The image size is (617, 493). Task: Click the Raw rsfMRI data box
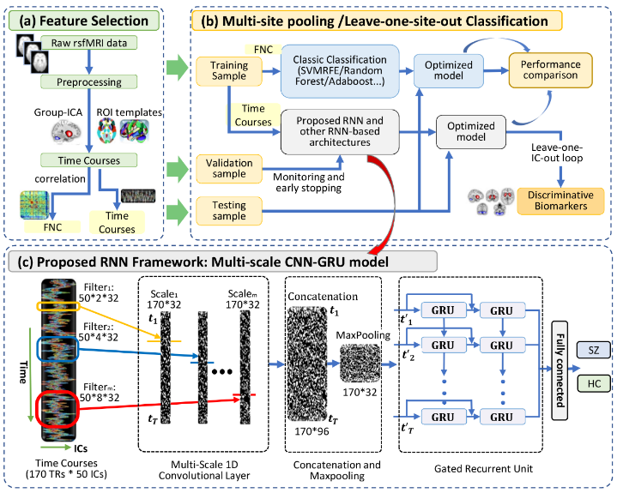tap(89, 43)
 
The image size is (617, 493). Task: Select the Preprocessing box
tap(89, 81)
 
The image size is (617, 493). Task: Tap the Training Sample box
tap(229, 71)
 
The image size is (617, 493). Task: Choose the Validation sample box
tap(229, 169)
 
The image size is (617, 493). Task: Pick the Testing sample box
tap(229, 211)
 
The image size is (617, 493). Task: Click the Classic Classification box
tap(340, 71)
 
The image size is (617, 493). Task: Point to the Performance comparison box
tap(550, 70)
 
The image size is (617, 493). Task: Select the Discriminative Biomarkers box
tap(560, 201)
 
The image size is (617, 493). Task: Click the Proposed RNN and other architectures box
tap(340, 132)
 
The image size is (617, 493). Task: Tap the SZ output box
tap(593, 350)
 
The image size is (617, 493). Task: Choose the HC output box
tap(593, 383)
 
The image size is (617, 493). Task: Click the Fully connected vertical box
tap(560, 370)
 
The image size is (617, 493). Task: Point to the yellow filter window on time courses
tap(58, 306)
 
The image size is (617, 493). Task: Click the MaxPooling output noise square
tap(360, 364)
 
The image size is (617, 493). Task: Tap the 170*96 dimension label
tap(312, 431)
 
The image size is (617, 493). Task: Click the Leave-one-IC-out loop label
tap(557, 153)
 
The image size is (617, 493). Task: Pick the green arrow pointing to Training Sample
tap(178, 67)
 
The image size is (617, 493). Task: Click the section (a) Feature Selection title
tap(84, 21)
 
